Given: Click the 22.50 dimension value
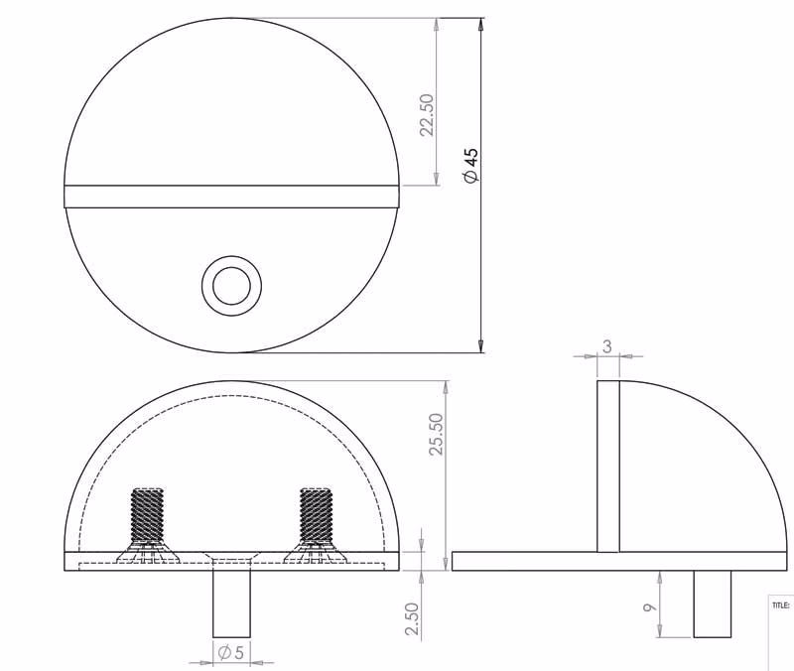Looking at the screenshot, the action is tap(428, 115).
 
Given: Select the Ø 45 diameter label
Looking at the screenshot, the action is tap(470, 166).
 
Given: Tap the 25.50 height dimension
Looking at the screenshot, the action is tap(436, 435).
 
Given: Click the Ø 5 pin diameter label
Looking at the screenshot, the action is tap(231, 652).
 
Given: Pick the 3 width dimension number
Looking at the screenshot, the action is tap(607, 346).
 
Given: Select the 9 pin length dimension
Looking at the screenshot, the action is tap(650, 606).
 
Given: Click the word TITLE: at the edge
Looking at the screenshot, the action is tap(780, 605).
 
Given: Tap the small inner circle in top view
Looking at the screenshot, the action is tap(231, 286).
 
